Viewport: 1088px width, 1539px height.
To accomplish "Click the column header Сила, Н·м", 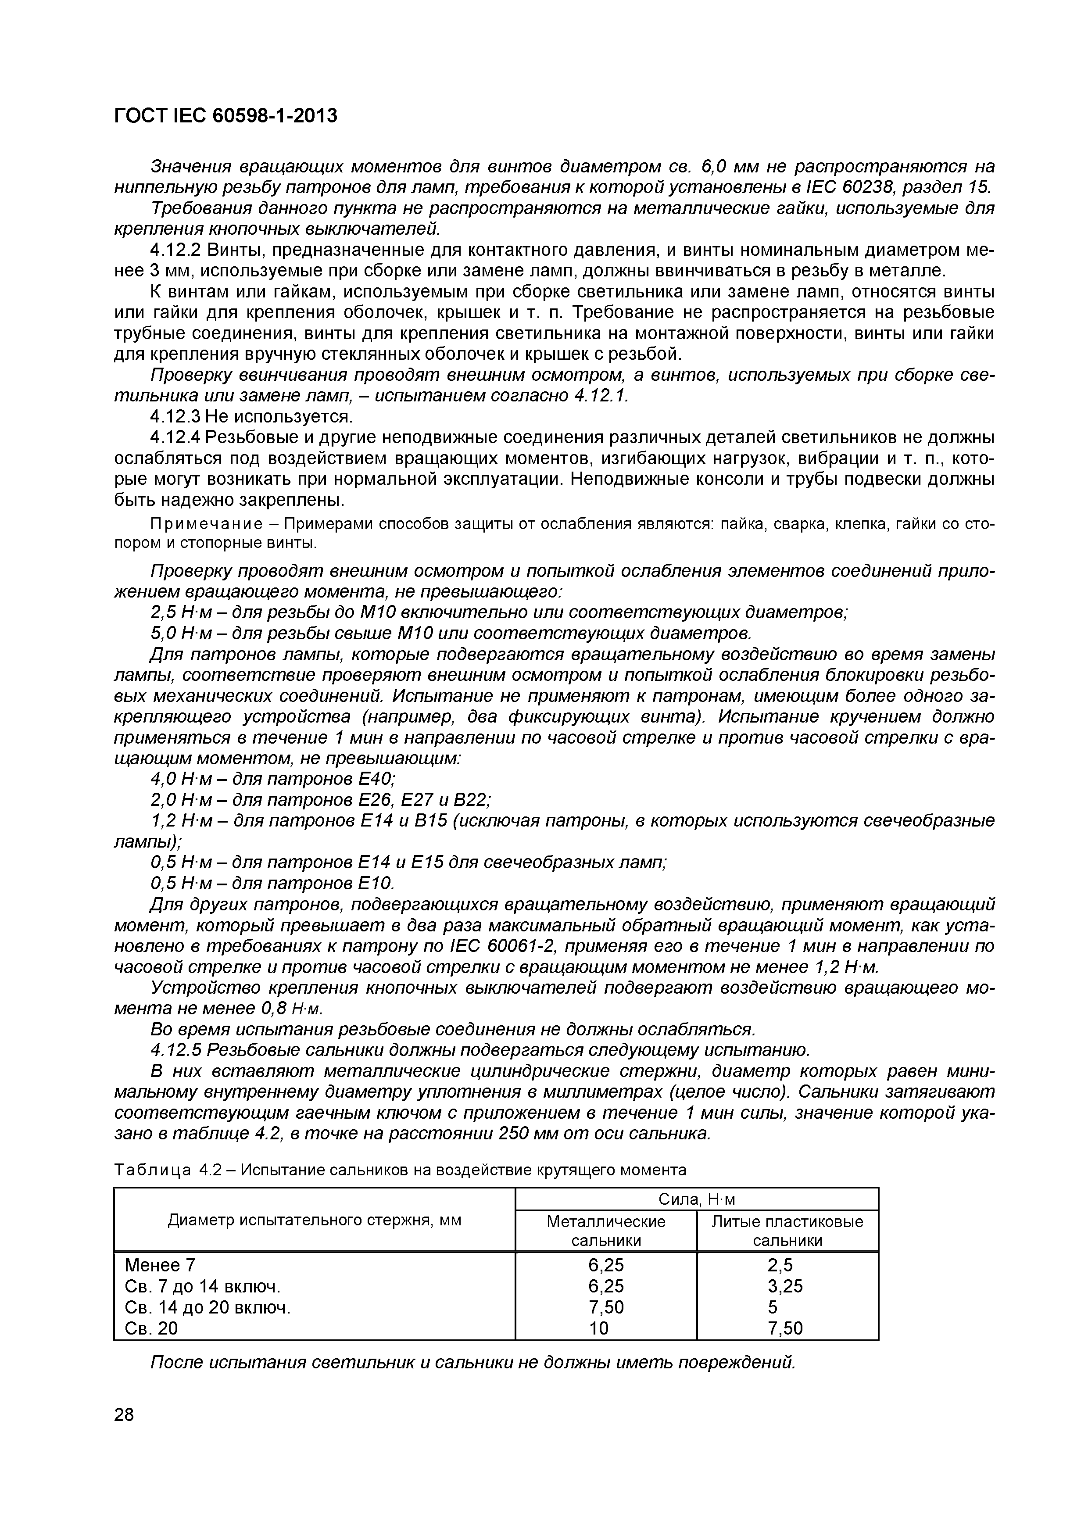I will click(x=697, y=1199).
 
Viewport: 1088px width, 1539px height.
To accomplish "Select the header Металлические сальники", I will click(x=606, y=1231).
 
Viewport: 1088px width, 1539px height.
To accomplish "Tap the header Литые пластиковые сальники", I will click(x=787, y=1231).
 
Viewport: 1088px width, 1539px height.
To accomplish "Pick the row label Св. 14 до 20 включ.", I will click(x=208, y=1308).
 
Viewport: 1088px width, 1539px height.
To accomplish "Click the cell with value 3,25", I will click(x=785, y=1286).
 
